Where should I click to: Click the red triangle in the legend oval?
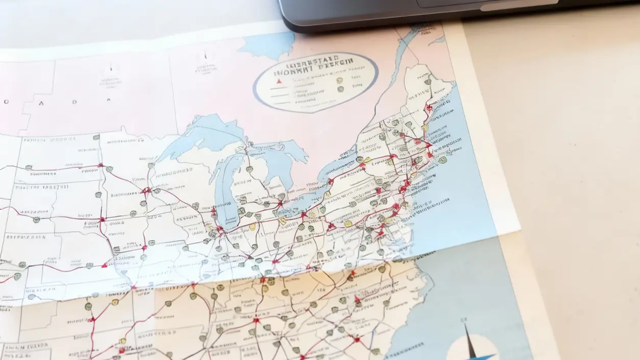click(x=278, y=81)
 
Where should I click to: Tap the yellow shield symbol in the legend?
click(x=339, y=80)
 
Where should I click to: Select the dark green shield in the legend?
click(x=340, y=89)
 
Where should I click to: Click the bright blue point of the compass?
click(x=485, y=356)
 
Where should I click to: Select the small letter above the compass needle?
click(x=464, y=320)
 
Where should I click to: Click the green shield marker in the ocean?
click(x=442, y=160)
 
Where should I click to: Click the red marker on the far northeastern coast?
click(x=429, y=108)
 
